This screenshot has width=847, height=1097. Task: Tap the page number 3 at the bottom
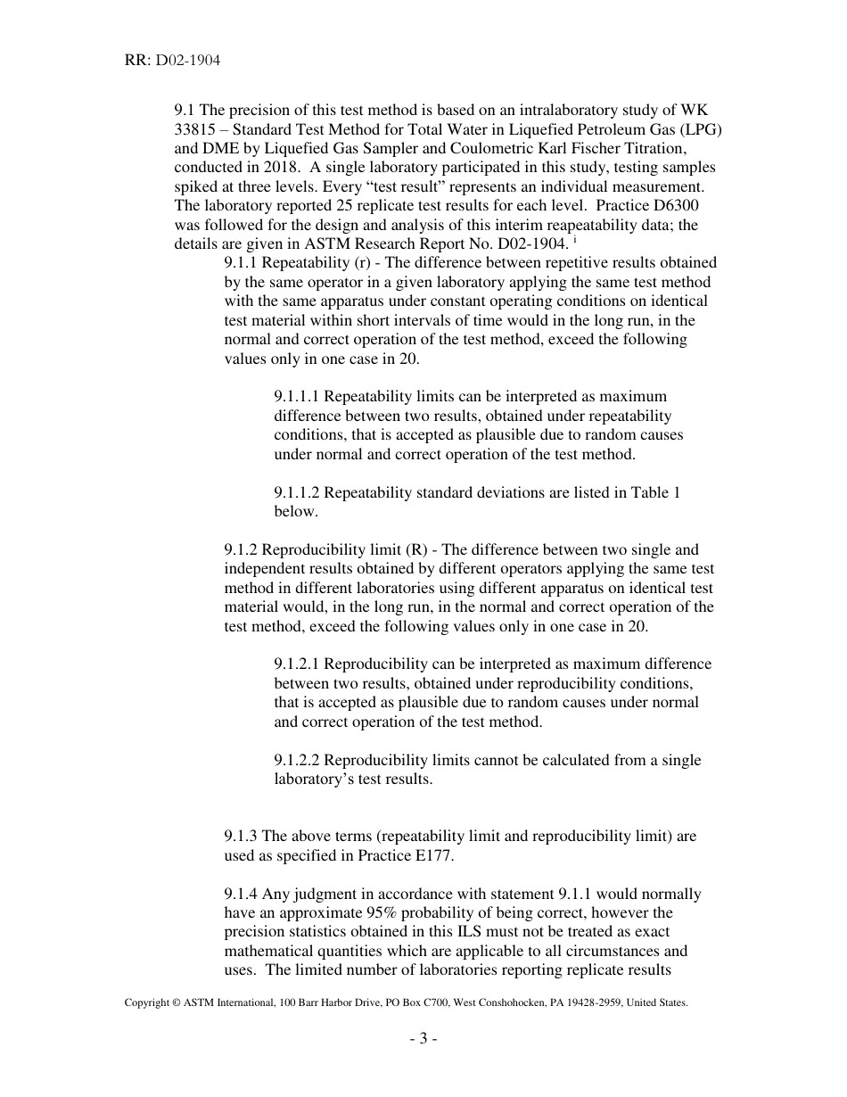pyautogui.click(x=423, y=1038)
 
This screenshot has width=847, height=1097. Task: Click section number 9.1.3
pyautogui.click(x=241, y=837)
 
